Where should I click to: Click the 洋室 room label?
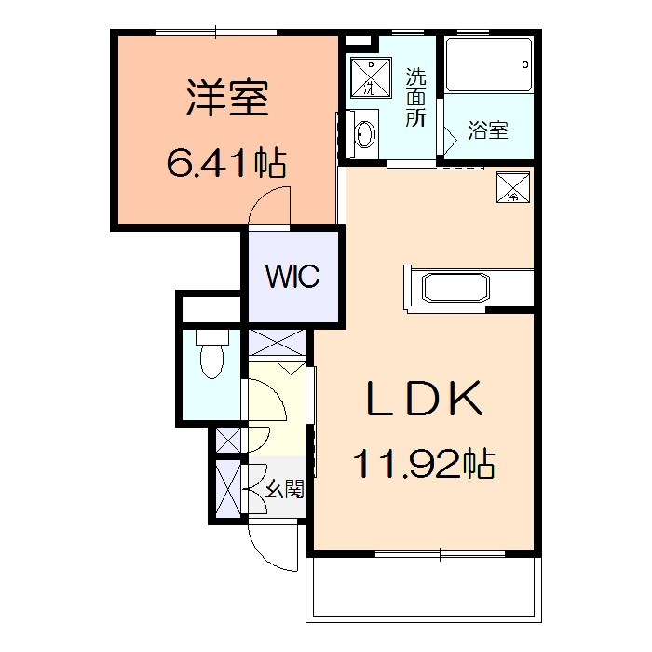[x=227, y=100]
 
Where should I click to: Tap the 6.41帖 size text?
[x=226, y=165]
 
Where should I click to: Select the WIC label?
[x=292, y=277]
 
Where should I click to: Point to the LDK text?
[x=424, y=400]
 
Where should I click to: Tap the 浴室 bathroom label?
[x=487, y=130]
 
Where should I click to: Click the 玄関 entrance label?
[x=284, y=488]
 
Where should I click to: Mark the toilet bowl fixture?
[x=212, y=358]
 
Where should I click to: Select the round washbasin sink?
[x=363, y=135]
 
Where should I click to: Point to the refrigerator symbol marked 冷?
[x=514, y=188]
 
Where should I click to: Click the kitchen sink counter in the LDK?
[x=455, y=286]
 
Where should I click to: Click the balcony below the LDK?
[x=424, y=589]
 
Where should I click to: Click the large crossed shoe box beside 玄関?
[x=227, y=488]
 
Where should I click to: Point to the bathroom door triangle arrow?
[x=448, y=136]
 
